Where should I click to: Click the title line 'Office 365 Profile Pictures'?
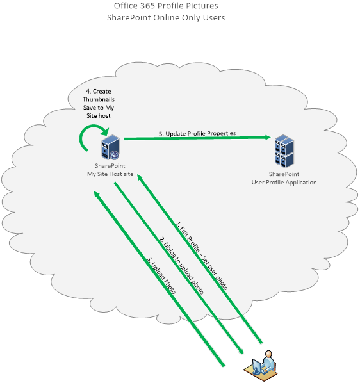(x=166, y=6)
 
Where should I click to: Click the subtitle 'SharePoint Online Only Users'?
(x=166, y=17)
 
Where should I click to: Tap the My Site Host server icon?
(x=111, y=147)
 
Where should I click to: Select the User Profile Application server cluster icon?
(x=284, y=151)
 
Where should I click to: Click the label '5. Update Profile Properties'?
(x=197, y=134)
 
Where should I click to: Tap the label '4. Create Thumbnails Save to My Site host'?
(x=99, y=103)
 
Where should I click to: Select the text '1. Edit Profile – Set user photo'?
(x=202, y=256)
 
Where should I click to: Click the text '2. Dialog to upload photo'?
(x=181, y=266)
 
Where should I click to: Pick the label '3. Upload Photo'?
(x=161, y=275)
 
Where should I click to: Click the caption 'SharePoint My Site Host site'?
(x=110, y=170)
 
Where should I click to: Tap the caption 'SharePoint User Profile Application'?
(x=284, y=178)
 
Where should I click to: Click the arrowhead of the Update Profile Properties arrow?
(x=267, y=138)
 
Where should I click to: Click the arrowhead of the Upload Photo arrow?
(x=97, y=195)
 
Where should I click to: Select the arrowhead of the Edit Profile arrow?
(x=140, y=177)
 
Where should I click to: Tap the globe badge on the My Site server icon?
(x=114, y=155)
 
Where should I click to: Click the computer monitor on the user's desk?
(x=256, y=366)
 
